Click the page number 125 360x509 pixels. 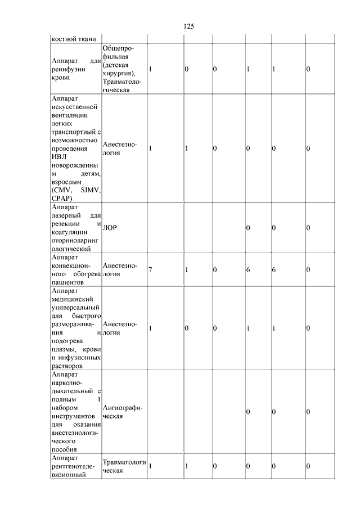(x=188, y=26)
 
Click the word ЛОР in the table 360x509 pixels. (x=110, y=227)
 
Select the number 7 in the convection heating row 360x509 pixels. (x=151, y=270)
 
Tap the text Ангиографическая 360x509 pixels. (x=123, y=412)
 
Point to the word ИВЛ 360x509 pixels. (x=58, y=157)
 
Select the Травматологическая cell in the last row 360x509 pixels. (x=124, y=466)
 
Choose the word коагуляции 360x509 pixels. (x=67, y=232)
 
